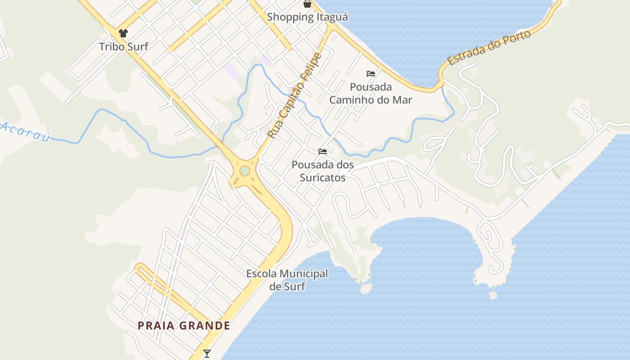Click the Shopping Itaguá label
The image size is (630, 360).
pyautogui.click(x=307, y=17)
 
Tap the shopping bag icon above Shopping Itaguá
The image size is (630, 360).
pyautogui.click(x=307, y=4)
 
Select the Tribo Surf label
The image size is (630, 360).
pyautogui.click(x=123, y=46)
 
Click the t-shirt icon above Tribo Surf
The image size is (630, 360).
pyautogui.click(x=123, y=33)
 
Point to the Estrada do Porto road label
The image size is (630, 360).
pyautogui.click(x=489, y=48)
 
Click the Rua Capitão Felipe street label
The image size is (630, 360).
pyautogui.click(x=295, y=95)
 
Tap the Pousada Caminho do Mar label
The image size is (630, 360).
pyautogui.click(x=370, y=93)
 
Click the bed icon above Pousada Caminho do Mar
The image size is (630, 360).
pyautogui.click(x=371, y=74)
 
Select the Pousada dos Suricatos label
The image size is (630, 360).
pyautogui.click(x=323, y=171)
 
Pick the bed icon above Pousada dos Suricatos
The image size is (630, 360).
pyautogui.click(x=323, y=152)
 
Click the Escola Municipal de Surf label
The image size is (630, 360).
pyautogui.click(x=287, y=280)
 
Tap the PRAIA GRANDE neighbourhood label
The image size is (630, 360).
pyautogui.click(x=184, y=326)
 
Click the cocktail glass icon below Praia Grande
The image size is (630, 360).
pyautogui.click(x=207, y=354)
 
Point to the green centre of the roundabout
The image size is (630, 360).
pyautogui.click(x=244, y=171)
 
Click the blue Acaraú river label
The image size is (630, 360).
pyautogui.click(x=25, y=131)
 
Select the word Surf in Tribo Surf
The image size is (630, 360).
pyautogui.click(x=137, y=46)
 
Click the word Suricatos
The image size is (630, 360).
pyautogui.click(x=323, y=178)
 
